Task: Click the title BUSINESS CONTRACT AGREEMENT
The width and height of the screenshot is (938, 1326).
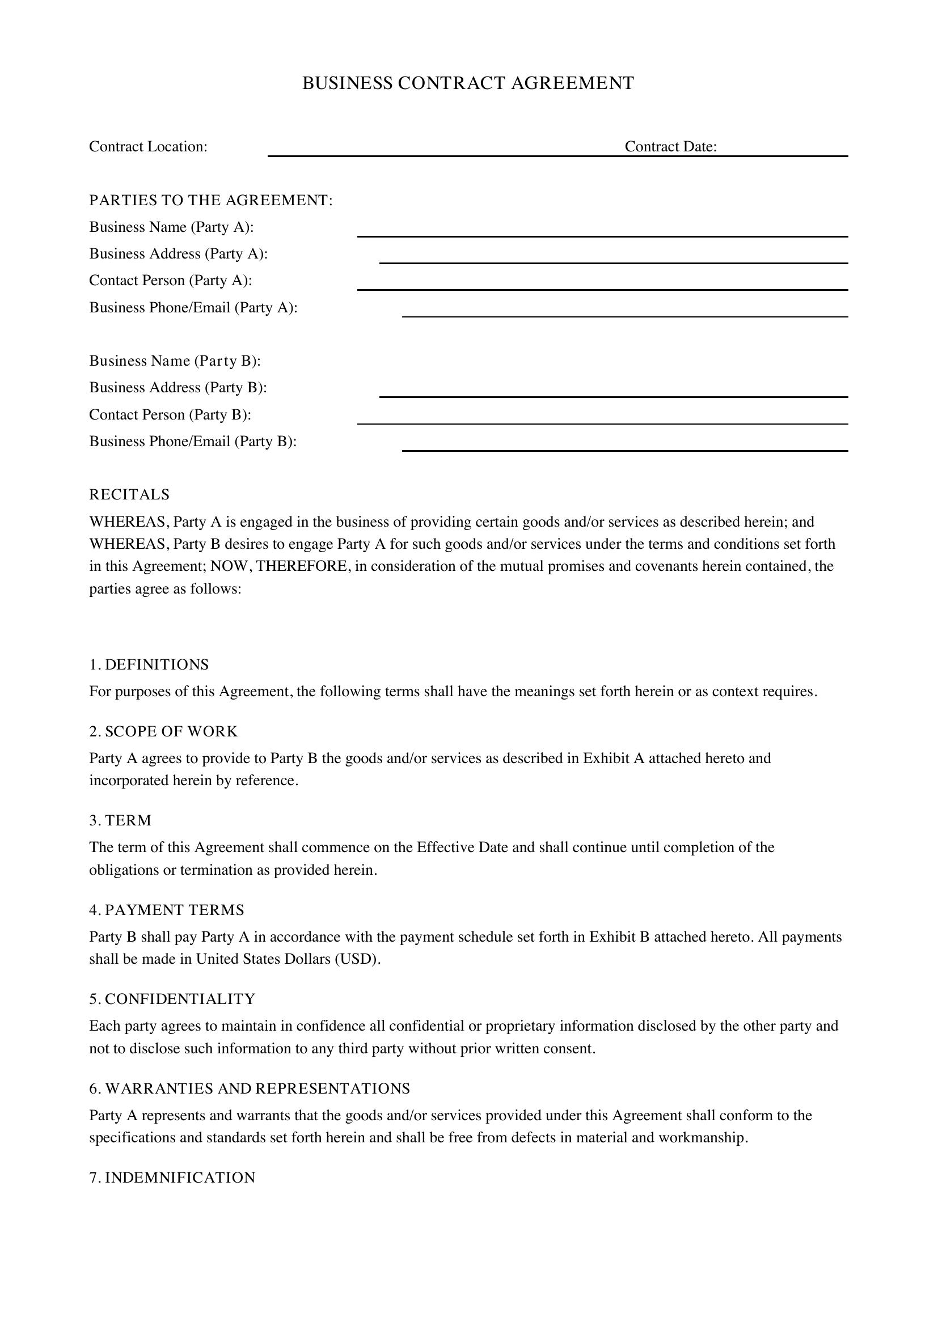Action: coord(468,83)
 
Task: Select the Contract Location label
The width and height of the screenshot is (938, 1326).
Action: coord(148,147)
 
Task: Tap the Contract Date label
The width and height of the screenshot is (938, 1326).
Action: coord(670,147)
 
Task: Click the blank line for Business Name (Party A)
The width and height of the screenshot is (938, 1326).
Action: coord(602,232)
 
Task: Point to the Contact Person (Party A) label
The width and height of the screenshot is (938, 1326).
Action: coord(170,281)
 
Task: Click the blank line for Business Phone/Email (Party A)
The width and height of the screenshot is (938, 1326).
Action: coord(625,312)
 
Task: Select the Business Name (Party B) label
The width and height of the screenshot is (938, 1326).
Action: coord(175,361)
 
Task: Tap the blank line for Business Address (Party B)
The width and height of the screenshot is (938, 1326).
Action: coord(614,392)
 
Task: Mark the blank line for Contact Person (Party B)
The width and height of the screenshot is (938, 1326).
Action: coord(602,420)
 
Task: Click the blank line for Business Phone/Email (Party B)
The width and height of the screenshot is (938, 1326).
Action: coord(625,446)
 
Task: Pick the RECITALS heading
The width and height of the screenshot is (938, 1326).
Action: coord(129,495)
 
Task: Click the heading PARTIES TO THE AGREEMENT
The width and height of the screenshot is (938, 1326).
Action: coord(211,200)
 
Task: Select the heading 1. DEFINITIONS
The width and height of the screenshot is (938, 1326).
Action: coord(149,665)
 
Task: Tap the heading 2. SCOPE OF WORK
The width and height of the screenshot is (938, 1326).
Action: coord(163,732)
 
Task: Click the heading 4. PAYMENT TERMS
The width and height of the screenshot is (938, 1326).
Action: coord(166,910)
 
